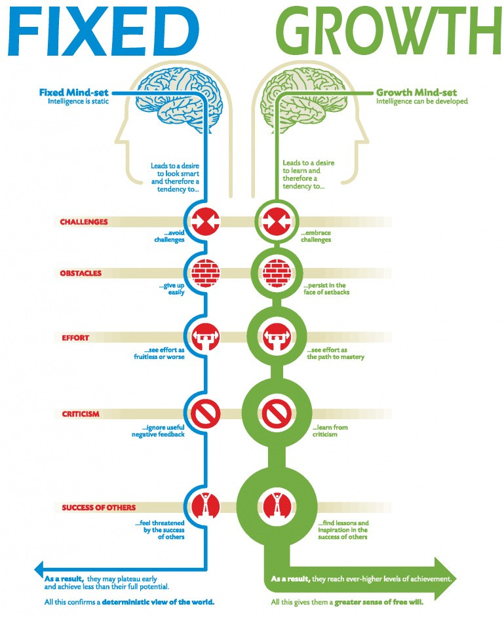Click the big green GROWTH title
point(387,31)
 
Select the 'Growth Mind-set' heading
point(416,92)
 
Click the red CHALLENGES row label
point(84,222)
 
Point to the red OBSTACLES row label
point(81,273)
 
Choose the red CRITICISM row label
point(80,414)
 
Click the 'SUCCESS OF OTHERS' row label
point(99,508)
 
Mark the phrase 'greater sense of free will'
point(381,601)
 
